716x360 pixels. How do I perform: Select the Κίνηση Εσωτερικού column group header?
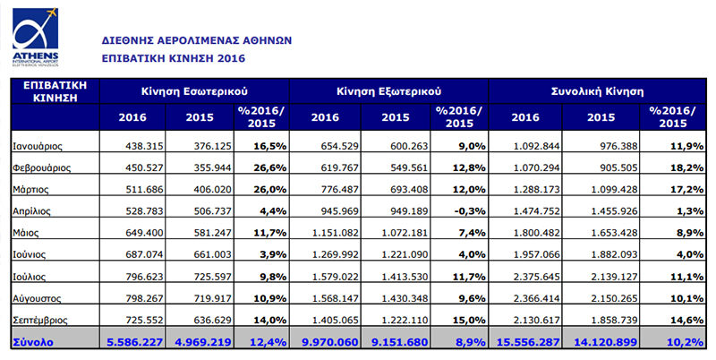click(193, 91)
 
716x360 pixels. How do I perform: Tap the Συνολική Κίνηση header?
click(594, 91)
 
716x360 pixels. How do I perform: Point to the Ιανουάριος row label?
click(37, 145)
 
